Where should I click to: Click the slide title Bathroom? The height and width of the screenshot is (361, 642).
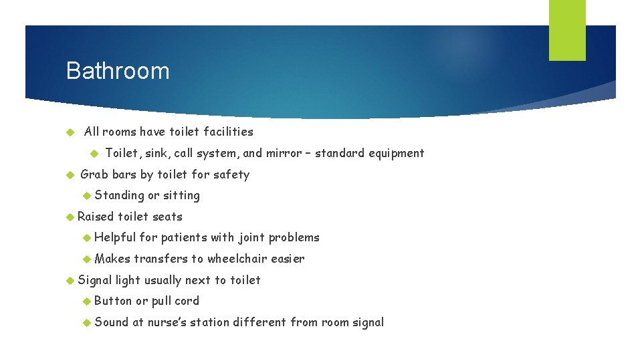pyautogui.click(x=118, y=71)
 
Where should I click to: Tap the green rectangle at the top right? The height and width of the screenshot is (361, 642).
pyautogui.click(x=567, y=30)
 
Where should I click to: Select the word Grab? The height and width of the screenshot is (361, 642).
pyautogui.click(x=94, y=174)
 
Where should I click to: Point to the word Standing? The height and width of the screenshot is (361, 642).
pyautogui.click(x=119, y=195)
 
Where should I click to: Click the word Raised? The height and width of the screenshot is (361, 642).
pyautogui.click(x=96, y=217)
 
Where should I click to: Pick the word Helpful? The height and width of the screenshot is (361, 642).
pyautogui.click(x=115, y=237)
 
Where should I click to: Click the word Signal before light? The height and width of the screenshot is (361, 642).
pyautogui.click(x=95, y=280)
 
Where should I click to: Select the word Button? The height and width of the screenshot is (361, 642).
pyautogui.click(x=114, y=301)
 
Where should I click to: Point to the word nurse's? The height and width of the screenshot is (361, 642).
pyautogui.click(x=171, y=322)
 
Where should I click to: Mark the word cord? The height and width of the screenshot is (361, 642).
pyautogui.click(x=187, y=301)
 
